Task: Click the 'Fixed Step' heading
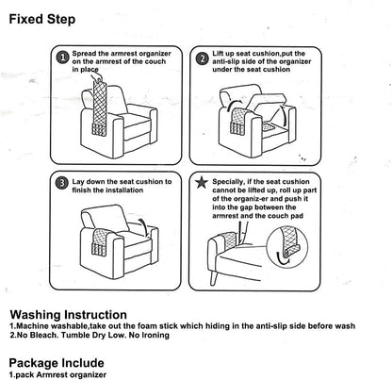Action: click(42, 20)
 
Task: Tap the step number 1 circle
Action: click(63, 58)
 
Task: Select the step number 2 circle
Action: click(203, 58)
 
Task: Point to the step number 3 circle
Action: click(61, 183)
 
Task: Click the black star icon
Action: click(202, 182)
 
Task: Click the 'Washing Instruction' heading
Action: click(69, 315)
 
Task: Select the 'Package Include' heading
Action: click(57, 363)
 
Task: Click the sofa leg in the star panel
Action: click(215, 277)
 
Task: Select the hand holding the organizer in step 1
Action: click(96, 76)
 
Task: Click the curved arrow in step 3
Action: click(142, 226)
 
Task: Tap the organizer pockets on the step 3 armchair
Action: click(99, 248)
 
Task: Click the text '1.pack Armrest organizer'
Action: click(57, 374)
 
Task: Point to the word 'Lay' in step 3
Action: click(78, 182)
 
